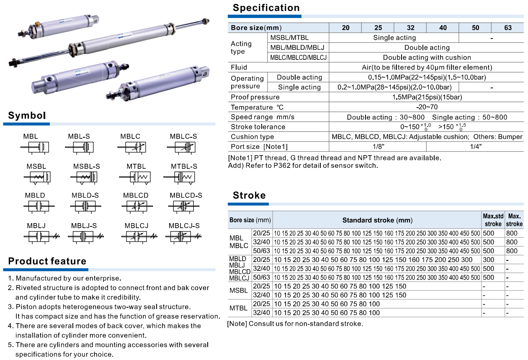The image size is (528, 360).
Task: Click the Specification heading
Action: [266, 8]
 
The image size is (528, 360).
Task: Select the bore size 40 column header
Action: [443, 28]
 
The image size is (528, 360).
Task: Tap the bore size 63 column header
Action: [507, 28]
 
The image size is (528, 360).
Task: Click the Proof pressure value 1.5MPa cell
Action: [427, 97]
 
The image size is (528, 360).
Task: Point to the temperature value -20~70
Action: [427, 107]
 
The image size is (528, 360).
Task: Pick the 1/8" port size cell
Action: [377, 147]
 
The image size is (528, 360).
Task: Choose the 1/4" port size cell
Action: [475, 147]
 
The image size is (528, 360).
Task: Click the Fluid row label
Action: [239, 67]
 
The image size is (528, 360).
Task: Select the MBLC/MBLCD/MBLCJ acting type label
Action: [298, 58]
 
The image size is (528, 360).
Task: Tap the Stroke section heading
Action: [249, 195]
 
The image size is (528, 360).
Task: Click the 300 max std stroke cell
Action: [488, 260]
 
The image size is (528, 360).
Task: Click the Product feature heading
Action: [47, 262]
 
